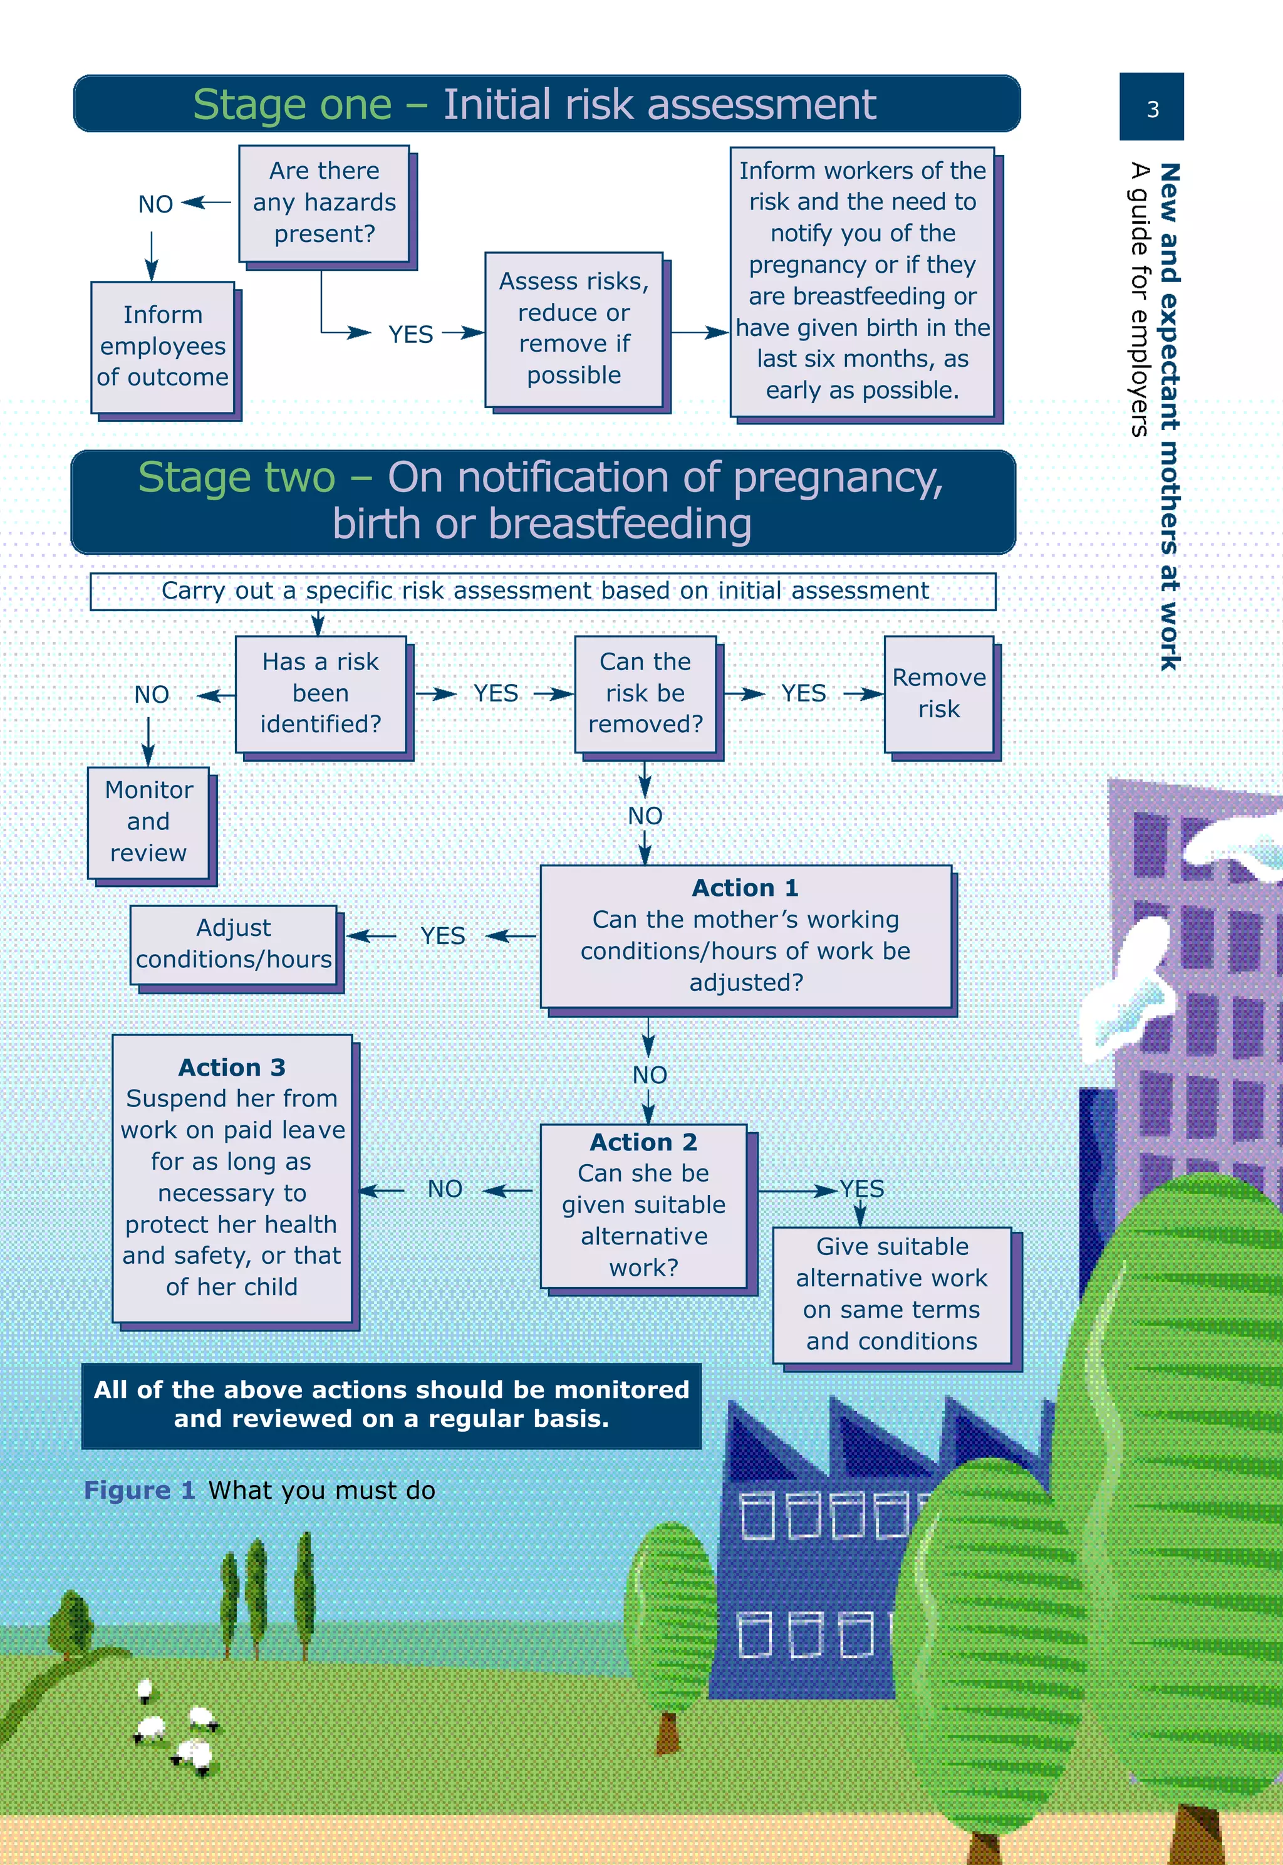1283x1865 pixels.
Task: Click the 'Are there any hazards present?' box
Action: point(324,202)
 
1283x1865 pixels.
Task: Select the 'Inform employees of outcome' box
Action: point(162,347)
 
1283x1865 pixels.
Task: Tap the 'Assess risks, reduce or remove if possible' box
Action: point(573,329)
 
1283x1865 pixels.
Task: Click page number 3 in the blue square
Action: point(1152,108)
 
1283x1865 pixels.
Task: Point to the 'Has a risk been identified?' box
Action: point(321,693)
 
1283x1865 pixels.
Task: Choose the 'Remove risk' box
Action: point(939,693)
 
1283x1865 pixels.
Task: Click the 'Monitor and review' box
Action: point(148,822)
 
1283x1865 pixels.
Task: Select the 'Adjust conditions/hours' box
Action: point(233,944)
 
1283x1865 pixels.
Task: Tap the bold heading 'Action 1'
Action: point(745,888)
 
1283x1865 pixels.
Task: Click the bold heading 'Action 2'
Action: point(643,1142)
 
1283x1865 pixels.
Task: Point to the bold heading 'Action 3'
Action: point(232,1067)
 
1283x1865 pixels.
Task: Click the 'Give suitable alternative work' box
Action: point(891,1294)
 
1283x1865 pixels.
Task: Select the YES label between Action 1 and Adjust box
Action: point(442,936)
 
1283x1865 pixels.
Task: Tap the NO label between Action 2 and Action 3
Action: point(445,1189)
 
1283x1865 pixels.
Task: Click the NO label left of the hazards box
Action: point(155,204)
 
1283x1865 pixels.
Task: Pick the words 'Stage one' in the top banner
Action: point(292,105)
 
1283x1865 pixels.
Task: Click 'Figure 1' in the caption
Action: point(140,1490)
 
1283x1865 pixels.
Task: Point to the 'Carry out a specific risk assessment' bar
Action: point(543,591)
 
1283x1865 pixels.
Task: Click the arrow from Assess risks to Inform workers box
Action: point(699,332)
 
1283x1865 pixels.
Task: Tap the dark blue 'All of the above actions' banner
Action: point(391,1404)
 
